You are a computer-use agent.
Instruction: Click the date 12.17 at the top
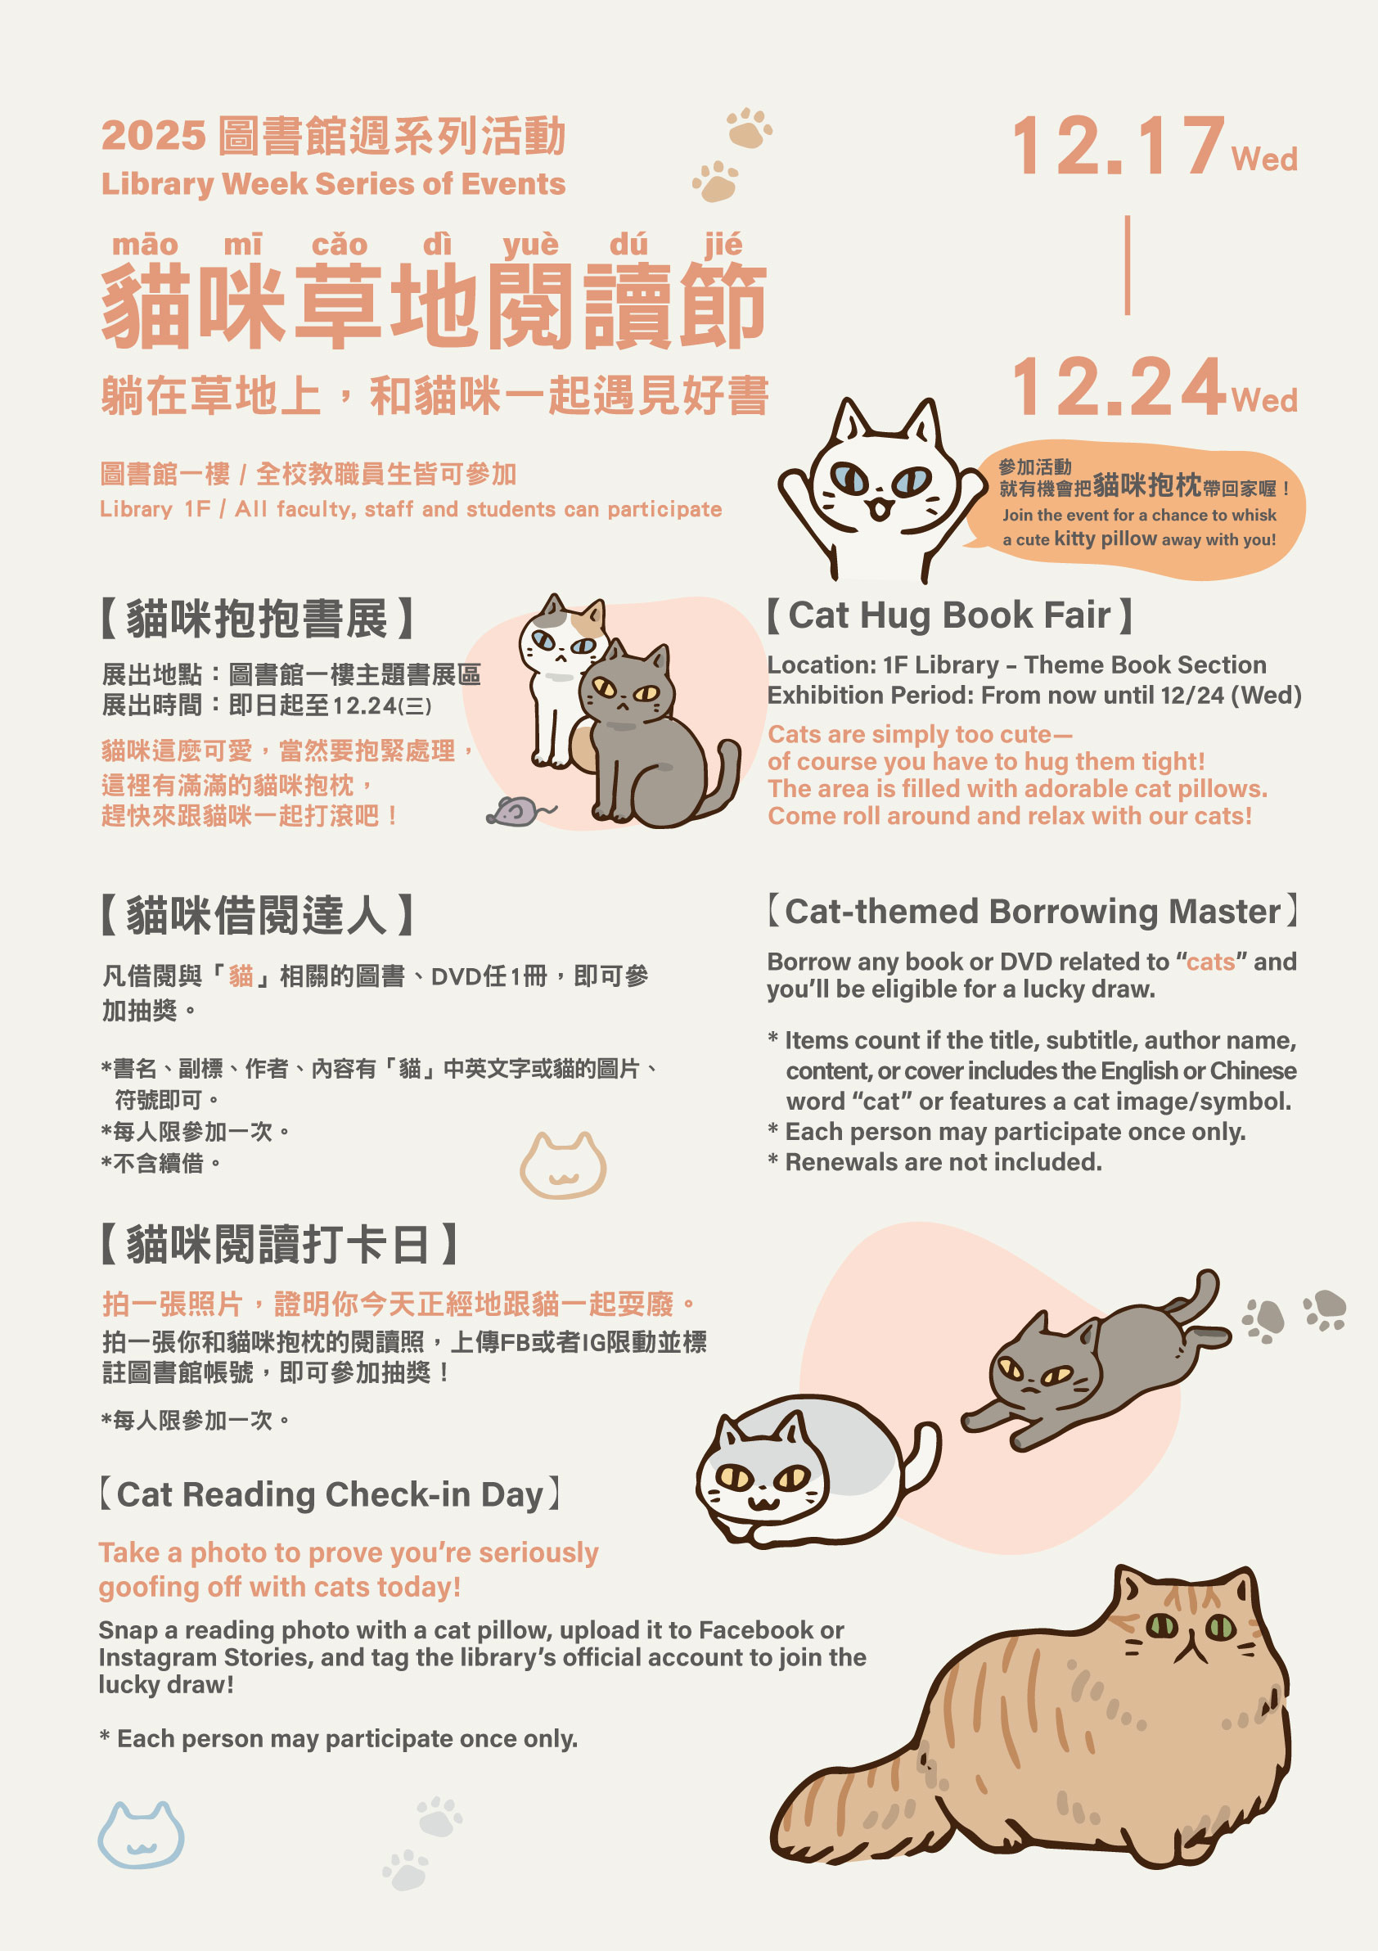tap(1118, 146)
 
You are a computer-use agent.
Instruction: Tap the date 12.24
tap(1118, 386)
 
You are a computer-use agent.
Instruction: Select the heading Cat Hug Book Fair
tap(949, 615)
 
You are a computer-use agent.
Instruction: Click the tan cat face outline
tap(562, 1165)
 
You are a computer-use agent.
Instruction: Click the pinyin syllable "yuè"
tap(530, 245)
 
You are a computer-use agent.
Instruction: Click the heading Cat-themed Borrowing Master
tap(1032, 912)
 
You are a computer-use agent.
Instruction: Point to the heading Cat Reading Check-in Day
tap(330, 1494)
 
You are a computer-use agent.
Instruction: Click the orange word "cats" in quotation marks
tap(1210, 962)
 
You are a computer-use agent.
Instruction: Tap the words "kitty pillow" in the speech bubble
tap(1106, 538)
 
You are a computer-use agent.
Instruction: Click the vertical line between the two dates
tap(1128, 265)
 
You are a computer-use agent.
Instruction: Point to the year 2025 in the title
tap(154, 135)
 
